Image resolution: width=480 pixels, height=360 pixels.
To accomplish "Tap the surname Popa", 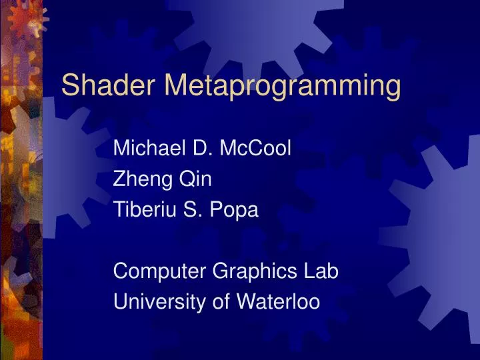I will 235,210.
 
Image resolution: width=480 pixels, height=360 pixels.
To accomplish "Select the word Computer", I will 159,271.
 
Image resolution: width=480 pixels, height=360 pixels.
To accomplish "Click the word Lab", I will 322,271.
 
